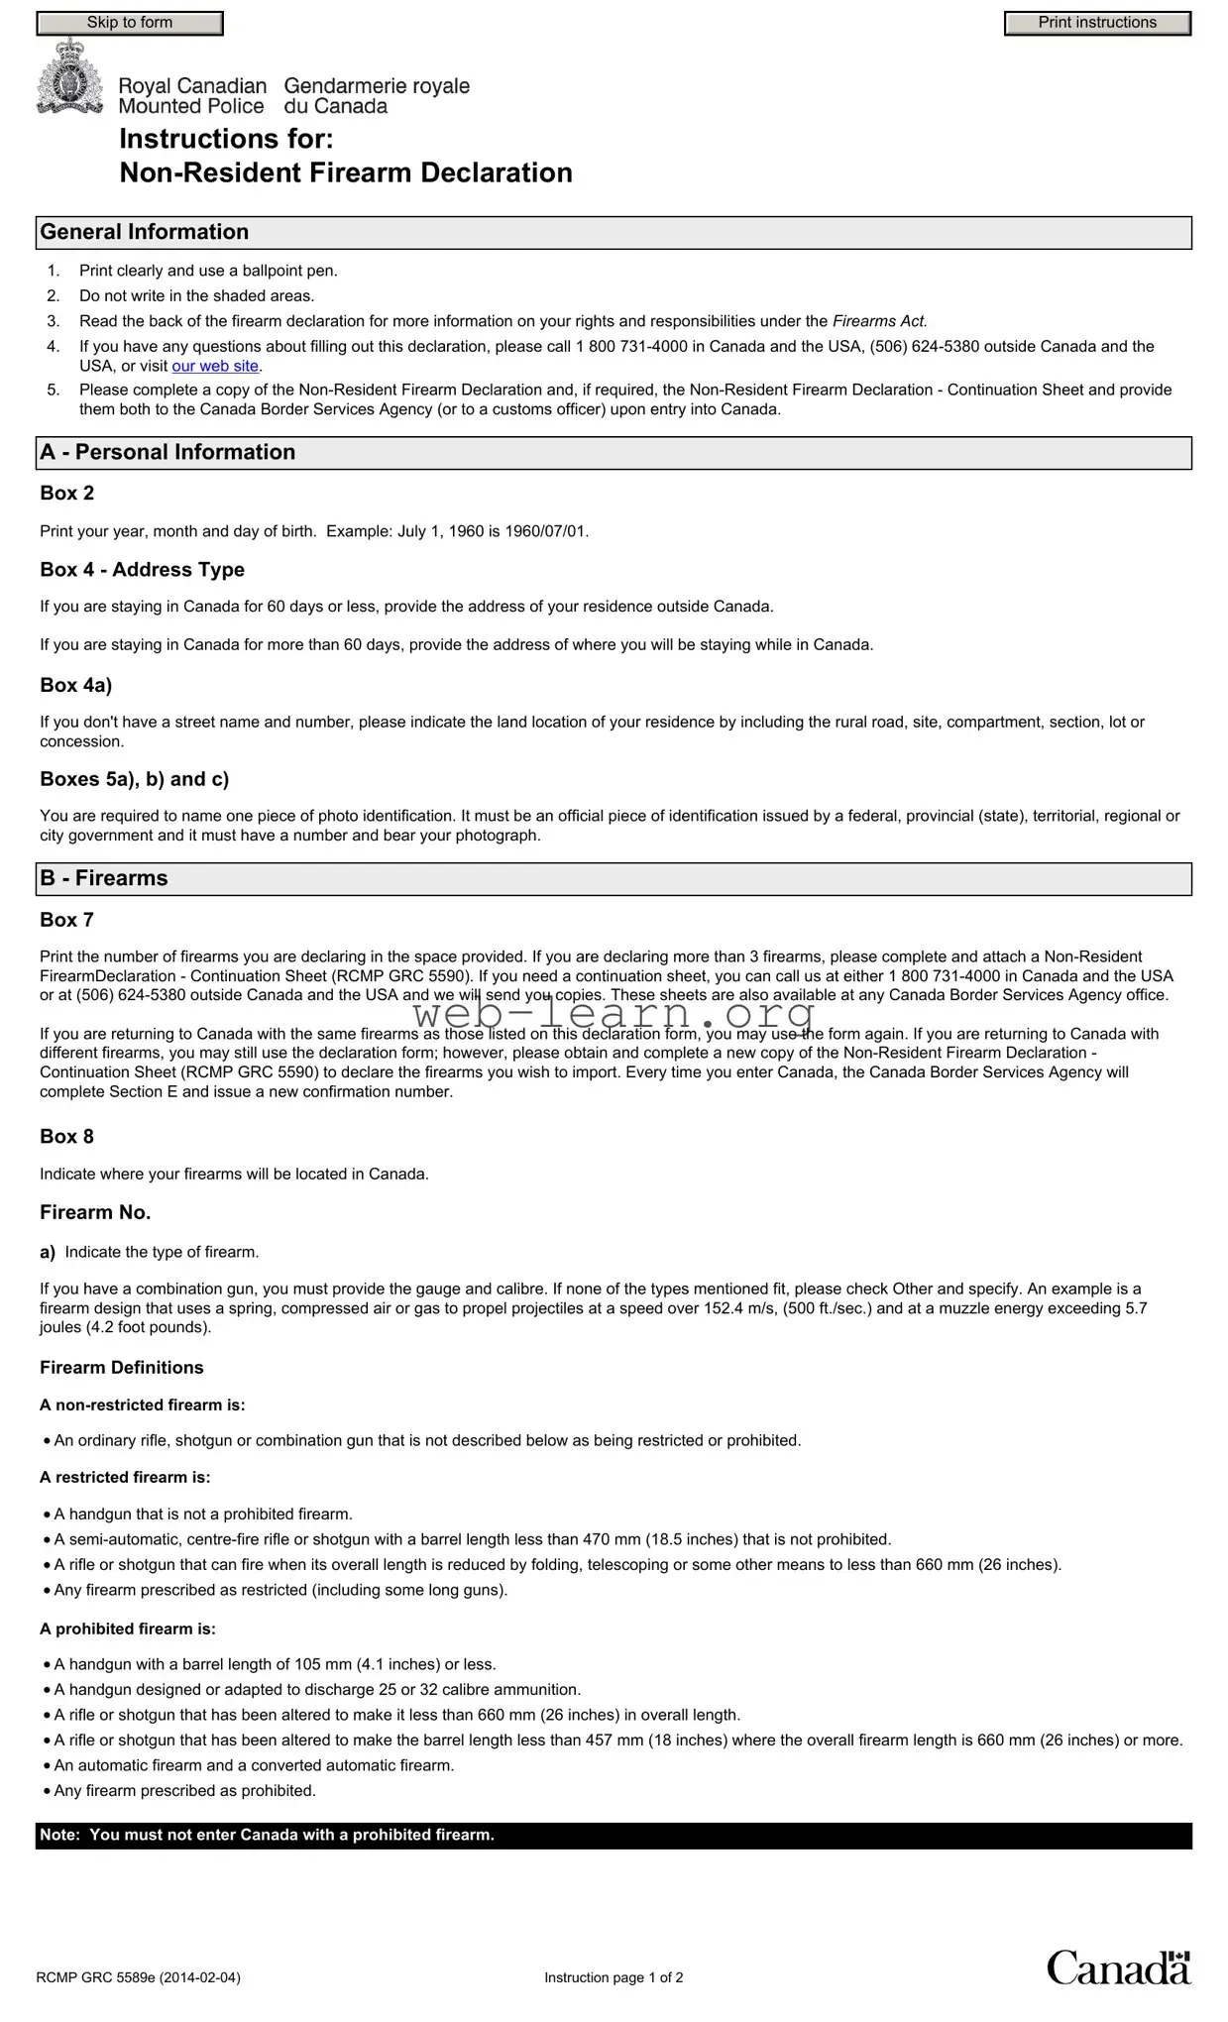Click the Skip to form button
click(130, 23)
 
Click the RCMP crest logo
click(69, 77)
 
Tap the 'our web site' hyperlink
click(215, 366)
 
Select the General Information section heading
click(145, 232)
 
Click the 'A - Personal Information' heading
click(167, 452)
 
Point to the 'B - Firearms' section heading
click(104, 878)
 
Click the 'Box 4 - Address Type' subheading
click(142, 570)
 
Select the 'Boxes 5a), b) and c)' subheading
click(134, 779)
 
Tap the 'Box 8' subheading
click(66, 1137)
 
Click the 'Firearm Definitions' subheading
click(121, 1368)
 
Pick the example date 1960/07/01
click(546, 531)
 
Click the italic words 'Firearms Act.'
click(879, 321)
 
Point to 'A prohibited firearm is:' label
click(127, 1629)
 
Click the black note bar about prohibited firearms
click(614, 1836)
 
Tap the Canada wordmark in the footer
click(1118, 1967)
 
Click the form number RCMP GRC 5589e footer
click(138, 1977)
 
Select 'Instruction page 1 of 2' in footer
click(614, 1977)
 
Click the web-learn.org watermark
click(614, 1014)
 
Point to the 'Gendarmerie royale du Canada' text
click(377, 96)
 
